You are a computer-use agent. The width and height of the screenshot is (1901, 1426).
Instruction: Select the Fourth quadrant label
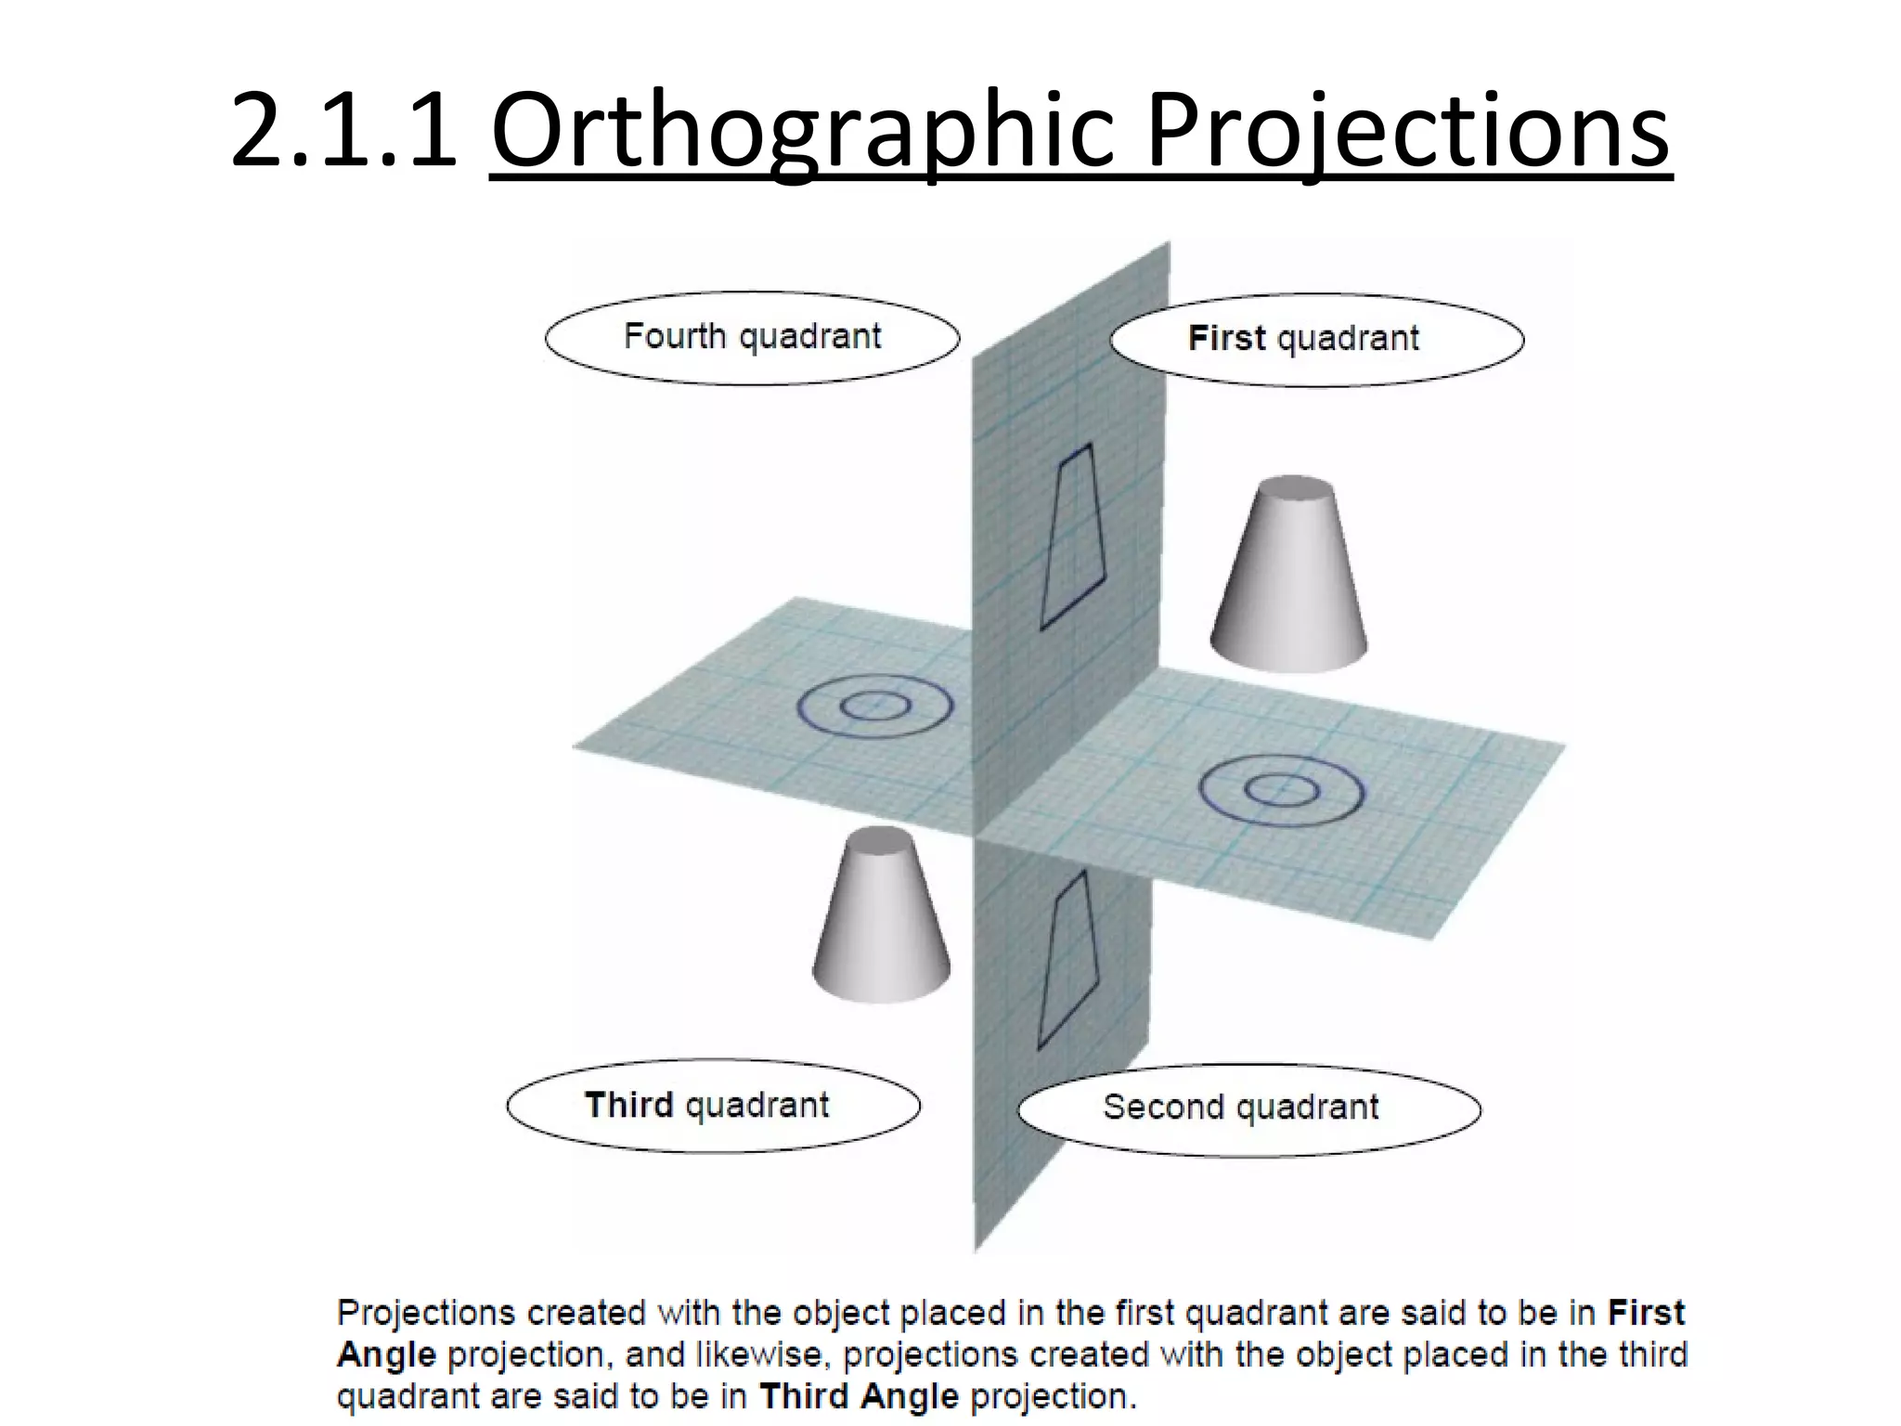point(752,337)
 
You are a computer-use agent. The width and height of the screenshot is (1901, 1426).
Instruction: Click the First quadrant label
point(1316,339)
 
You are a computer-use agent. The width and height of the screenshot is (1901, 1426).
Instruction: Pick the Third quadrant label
point(713,1106)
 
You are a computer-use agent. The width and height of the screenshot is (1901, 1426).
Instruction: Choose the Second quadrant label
point(1248,1108)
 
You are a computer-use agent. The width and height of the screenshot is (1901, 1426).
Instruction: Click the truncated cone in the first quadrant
point(1289,580)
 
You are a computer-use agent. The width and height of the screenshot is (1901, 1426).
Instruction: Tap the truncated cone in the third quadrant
point(881,919)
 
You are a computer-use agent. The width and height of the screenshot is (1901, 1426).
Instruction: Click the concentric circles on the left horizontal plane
point(874,707)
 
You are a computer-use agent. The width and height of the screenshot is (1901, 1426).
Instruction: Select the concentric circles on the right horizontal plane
point(1282,792)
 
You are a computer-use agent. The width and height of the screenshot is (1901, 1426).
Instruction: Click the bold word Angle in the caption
point(386,1355)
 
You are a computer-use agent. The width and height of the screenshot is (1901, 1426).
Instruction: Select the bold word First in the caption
point(1645,1313)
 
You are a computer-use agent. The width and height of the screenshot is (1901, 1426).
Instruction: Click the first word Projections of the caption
point(426,1313)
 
